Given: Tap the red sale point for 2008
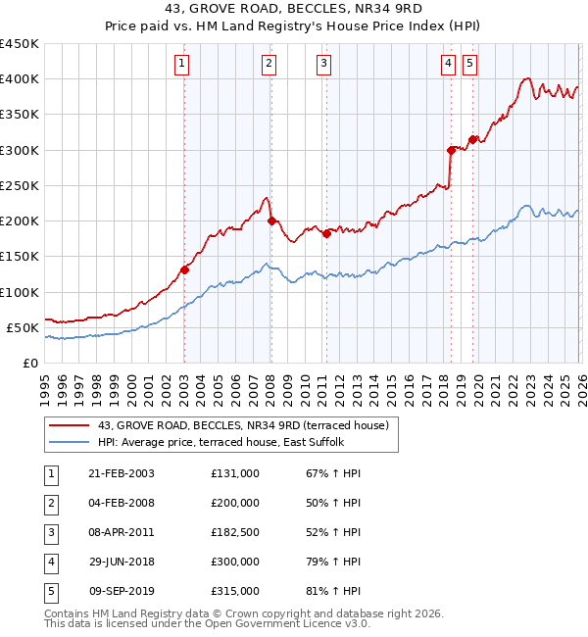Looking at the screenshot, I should pyautogui.click(x=271, y=220).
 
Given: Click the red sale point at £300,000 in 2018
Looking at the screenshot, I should pyautogui.click(x=451, y=150).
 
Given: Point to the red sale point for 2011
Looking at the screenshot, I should pyautogui.click(x=326, y=233).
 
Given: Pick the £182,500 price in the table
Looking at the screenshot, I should pyautogui.click(x=235, y=532).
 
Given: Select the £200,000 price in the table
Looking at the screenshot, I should pyautogui.click(x=235, y=503).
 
